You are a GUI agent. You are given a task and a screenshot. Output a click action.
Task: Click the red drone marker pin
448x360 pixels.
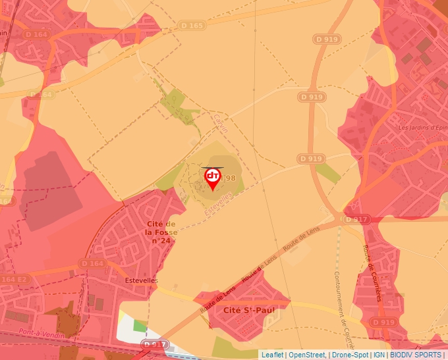(x=213, y=178)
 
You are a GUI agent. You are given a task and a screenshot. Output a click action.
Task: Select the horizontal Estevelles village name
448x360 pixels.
(x=141, y=280)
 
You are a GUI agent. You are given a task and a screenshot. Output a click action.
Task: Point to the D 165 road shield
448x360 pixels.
(x=191, y=26)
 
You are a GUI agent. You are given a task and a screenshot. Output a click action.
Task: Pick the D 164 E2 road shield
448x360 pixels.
(x=14, y=280)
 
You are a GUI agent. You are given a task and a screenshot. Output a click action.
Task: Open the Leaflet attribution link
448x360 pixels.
(x=272, y=355)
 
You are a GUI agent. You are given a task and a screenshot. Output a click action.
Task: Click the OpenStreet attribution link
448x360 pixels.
(x=308, y=355)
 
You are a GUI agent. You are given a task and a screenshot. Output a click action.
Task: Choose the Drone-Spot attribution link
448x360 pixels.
(x=350, y=355)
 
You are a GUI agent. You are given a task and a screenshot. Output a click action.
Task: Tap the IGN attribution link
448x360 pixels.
(x=379, y=355)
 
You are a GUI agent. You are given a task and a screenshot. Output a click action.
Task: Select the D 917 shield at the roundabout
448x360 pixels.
(x=355, y=219)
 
